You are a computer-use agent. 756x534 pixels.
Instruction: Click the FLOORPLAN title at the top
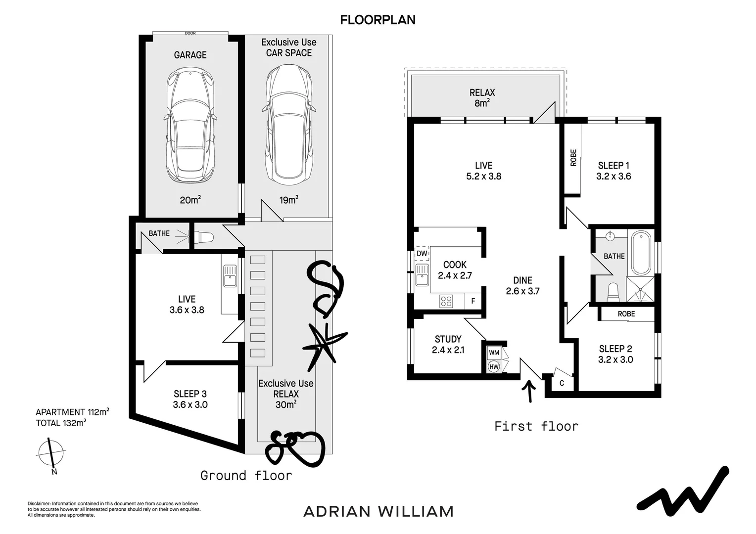pos(378,20)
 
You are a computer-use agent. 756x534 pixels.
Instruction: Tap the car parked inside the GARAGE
pos(190,126)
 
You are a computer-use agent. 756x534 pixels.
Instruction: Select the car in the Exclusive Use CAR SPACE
pos(289,124)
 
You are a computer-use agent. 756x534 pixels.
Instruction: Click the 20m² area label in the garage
pos(190,200)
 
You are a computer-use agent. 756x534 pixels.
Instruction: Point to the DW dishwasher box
pos(422,253)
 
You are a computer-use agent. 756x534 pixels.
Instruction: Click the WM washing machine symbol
pos(494,353)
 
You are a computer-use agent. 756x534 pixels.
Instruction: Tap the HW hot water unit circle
pos(494,366)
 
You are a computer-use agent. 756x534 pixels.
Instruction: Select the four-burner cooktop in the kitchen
pos(446,301)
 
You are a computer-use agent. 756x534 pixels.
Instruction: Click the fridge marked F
pos(473,301)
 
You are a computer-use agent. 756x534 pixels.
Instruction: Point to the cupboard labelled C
pos(562,383)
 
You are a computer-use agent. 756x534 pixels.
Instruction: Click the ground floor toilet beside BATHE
pos(204,237)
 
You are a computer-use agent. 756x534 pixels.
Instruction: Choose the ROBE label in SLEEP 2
pos(626,314)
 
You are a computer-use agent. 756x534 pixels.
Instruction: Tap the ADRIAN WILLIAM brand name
pos(378,511)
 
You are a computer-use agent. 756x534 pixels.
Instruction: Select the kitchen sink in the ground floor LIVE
pos(230,276)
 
